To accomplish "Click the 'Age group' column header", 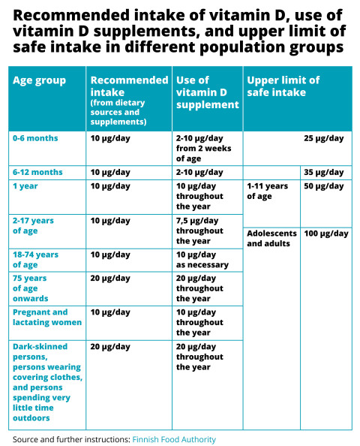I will [40, 80].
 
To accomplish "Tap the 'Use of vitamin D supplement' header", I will [207, 92].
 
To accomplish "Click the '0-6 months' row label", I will [35, 139].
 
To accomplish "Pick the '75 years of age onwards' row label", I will [31, 288].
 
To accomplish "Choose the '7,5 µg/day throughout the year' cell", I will [200, 231].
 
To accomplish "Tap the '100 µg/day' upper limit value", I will [325, 234].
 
